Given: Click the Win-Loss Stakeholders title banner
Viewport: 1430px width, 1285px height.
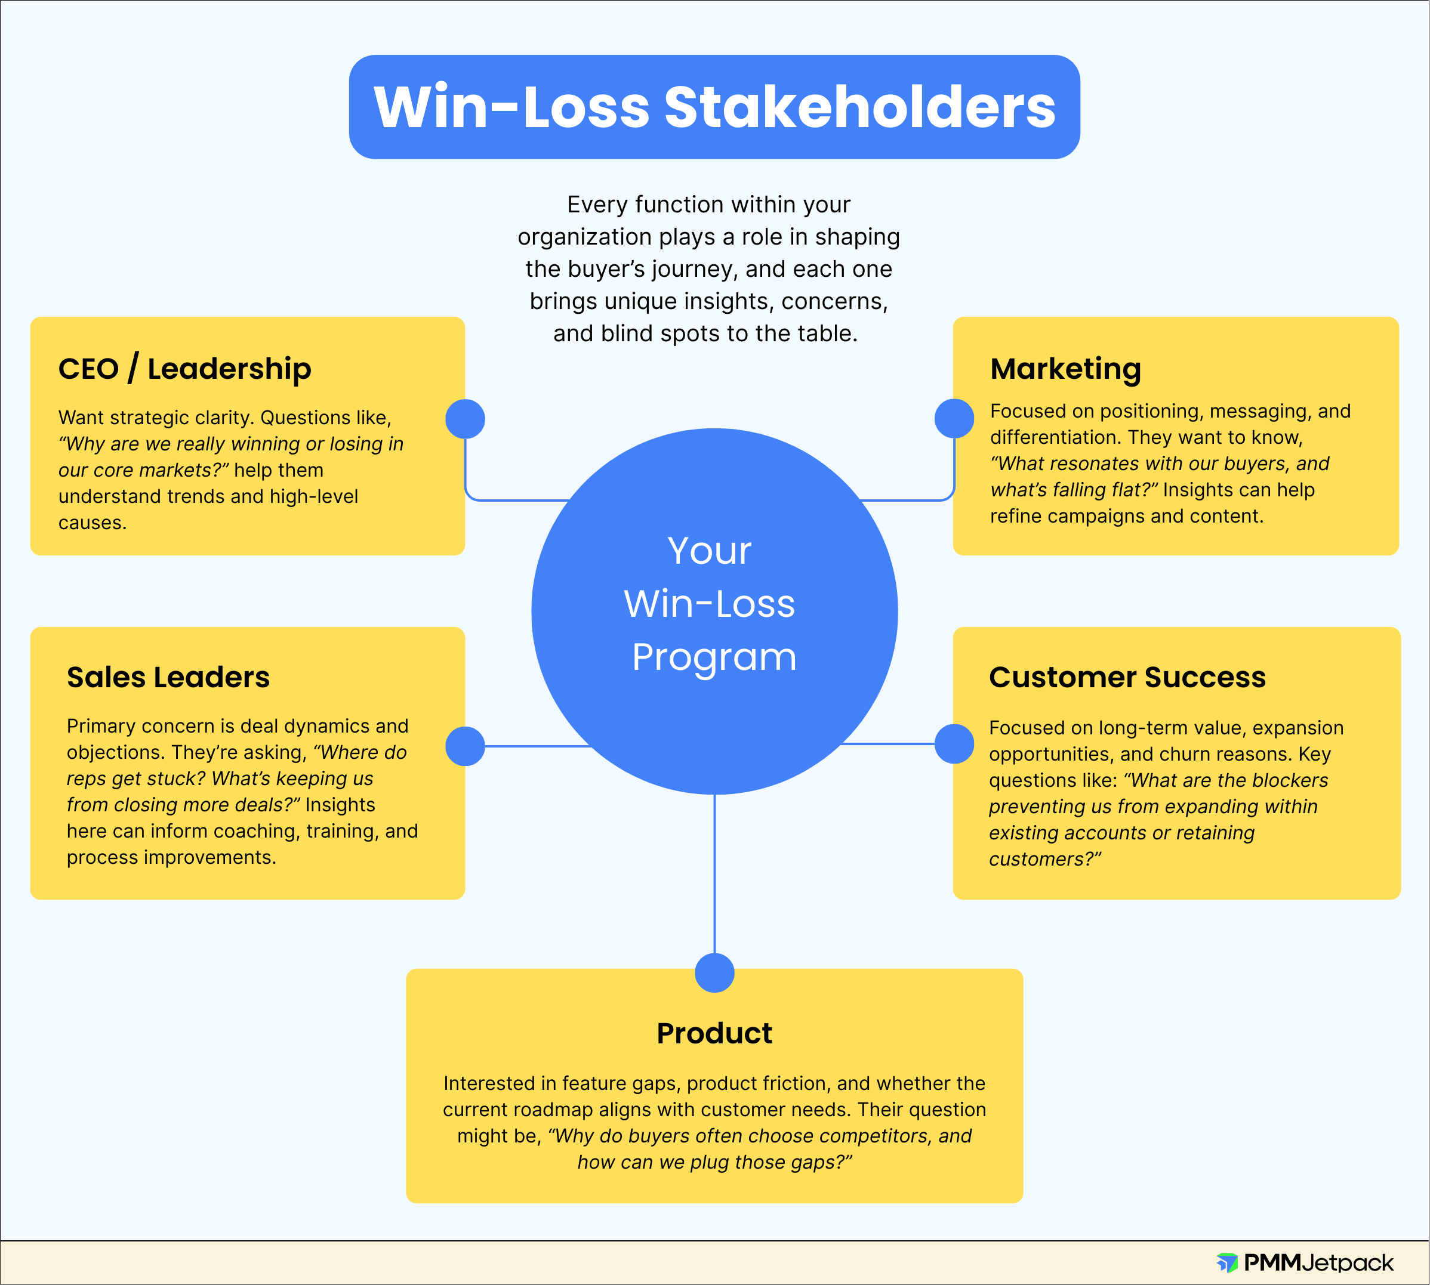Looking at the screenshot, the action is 714,107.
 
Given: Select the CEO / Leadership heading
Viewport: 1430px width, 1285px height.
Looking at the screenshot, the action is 184,369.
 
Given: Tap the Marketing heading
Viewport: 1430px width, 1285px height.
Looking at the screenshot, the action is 1065,369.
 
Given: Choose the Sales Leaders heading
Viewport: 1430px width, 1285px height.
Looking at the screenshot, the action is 168,677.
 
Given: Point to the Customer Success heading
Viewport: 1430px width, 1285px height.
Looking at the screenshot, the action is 1127,677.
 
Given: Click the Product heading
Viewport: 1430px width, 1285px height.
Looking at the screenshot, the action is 714,1033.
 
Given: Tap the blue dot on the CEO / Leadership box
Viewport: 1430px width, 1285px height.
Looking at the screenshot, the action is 465,419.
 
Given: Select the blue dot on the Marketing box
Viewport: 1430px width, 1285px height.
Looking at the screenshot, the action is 954,419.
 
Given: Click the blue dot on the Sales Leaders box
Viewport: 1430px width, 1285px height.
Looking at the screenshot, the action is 465,746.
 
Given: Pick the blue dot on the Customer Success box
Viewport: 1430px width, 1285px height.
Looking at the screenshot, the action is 954,744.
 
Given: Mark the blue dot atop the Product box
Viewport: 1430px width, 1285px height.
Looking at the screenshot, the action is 714,973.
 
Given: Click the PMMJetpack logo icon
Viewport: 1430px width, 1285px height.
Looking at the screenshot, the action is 1226,1262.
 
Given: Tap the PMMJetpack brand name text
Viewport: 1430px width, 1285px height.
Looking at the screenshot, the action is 1318,1262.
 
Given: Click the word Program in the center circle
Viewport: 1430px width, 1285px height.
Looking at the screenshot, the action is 714,657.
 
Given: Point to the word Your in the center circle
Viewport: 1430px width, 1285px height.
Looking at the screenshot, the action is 709,551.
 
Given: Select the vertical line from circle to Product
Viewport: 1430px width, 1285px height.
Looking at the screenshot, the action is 714,876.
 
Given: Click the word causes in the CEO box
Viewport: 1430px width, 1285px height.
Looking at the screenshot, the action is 92,523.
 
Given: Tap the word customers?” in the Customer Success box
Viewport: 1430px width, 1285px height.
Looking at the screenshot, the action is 1044,859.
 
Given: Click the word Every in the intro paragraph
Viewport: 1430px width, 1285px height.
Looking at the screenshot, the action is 597,205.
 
